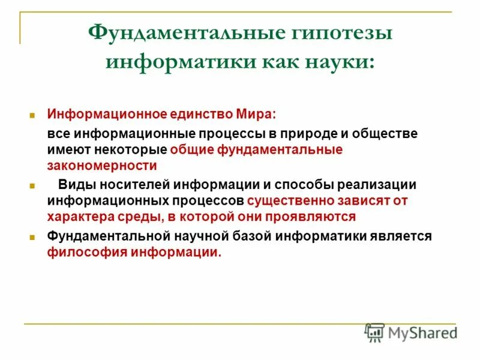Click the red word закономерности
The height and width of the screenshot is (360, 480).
(x=102, y=165)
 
